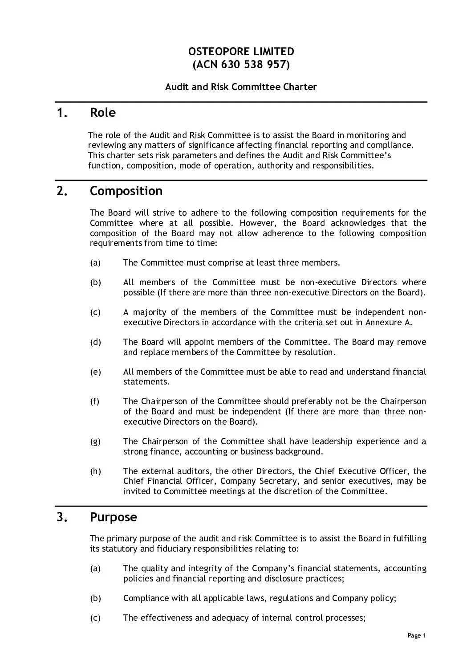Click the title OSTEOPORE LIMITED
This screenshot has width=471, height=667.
coord(241,52)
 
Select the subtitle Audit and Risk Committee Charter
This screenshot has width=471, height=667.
coord(241,87)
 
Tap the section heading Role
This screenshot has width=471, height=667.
coord(102,113)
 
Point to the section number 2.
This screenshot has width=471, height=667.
coord(62,191)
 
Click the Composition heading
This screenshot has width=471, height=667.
coord(126,191)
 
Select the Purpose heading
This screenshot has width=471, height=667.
coord(113,517)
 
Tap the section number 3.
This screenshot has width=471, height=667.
coord(62,517)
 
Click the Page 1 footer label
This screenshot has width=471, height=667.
coord(417,636)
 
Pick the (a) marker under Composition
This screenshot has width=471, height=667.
coord(95,263)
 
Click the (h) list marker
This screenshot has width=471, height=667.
coord(95,471)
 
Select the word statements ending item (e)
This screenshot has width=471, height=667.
coord(144,382)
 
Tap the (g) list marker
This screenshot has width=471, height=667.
coord(95,442)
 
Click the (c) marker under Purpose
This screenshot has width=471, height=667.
coord(95,618)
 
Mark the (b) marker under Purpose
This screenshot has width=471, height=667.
coord(95,598)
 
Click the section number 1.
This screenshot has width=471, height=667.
coord(62,113)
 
